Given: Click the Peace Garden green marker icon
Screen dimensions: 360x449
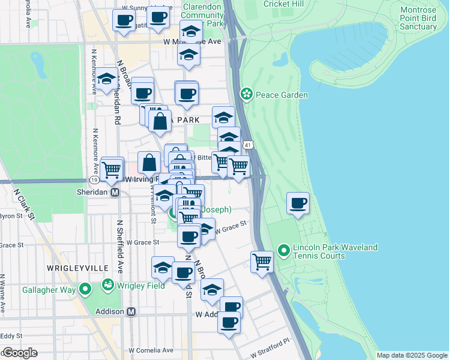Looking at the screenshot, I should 246,94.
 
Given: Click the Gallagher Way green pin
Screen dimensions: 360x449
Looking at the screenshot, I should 85,290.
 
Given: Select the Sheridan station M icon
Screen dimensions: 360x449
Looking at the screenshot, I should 116,192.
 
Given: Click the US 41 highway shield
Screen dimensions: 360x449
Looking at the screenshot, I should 248,145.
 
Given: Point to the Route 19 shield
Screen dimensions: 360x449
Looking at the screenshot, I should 94,179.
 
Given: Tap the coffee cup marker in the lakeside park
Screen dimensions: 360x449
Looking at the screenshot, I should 298,203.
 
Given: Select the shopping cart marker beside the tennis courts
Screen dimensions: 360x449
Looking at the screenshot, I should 262,262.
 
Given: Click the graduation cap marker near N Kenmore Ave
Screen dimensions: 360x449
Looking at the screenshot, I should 107,80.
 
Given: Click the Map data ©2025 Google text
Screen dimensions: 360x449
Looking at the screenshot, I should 411,355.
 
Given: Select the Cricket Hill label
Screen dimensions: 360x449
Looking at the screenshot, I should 280,4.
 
